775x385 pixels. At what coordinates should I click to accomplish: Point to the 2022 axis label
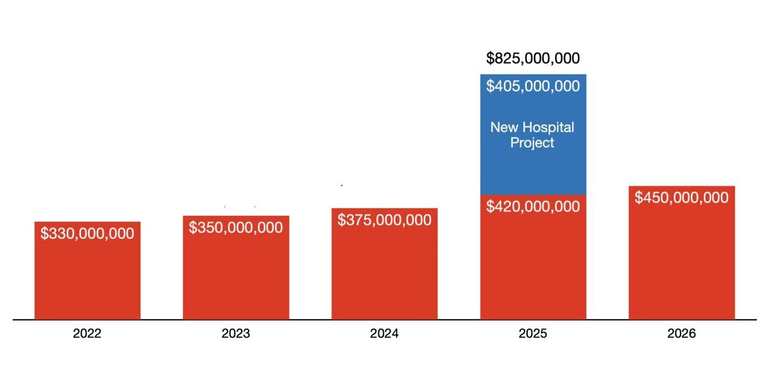87,334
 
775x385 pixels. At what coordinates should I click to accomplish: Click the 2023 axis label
236,334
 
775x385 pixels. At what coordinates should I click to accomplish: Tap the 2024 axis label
384,334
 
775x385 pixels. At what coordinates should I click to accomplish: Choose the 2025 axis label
533,334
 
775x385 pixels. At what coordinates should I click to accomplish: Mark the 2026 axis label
681,334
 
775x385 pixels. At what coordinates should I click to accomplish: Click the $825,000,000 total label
533,58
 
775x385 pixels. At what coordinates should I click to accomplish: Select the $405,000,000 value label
533,86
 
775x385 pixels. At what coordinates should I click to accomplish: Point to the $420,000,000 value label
533,206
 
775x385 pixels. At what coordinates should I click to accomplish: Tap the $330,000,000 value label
87,234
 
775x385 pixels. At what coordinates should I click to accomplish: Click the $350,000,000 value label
236,227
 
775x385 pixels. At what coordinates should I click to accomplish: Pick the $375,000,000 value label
384,220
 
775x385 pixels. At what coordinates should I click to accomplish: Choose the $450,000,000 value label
681,198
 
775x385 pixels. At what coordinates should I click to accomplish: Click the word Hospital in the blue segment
548,128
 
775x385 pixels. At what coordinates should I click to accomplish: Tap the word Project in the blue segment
533,143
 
